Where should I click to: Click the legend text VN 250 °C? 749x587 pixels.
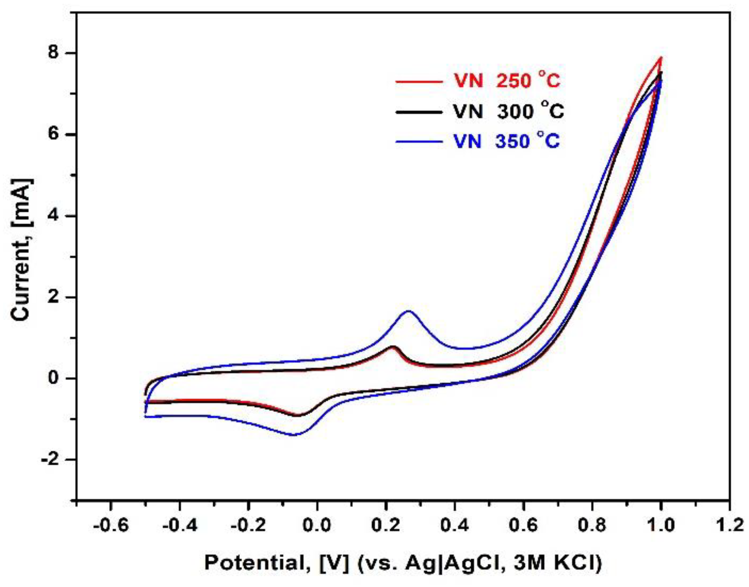pyautogui.click(x=507, y=81)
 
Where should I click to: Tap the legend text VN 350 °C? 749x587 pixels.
pyautogui.click(x=507, y=141)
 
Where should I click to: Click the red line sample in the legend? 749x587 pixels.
pyautogui.click(x=419, y=82)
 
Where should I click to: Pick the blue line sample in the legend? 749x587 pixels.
pyautogui.click(x=419, y=142)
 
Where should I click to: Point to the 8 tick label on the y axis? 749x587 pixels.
pyautogui.click(x=54, y=53)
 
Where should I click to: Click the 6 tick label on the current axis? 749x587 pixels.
pyautogui.click(x=54, y=134)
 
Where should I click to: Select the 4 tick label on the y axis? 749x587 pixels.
pyautogui.click(x=54, y=216)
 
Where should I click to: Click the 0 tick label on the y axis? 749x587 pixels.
pyautogui.click(x=54, y=378)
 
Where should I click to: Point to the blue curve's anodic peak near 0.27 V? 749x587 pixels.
pyautogui.click(x=409, y=311)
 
